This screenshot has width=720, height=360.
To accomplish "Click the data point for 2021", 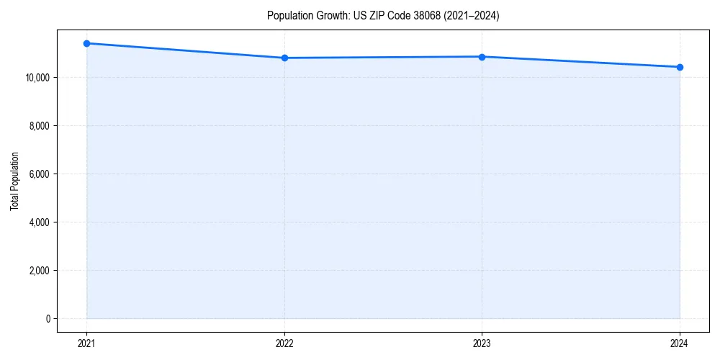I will [86, 43].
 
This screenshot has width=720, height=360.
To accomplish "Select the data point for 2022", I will [284, 58].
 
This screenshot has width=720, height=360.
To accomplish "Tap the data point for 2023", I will [482, 57].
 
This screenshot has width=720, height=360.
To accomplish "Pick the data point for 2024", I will [680, 67].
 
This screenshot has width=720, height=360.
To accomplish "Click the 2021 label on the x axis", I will [86, 343].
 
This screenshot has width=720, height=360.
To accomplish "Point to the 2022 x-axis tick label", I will [284, 343].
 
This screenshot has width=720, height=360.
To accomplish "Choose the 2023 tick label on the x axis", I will [482, 343].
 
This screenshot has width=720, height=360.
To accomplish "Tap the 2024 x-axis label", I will [680, 343].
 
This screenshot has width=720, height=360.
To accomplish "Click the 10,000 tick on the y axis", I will [37, 78].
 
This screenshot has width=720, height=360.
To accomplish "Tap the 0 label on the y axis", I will [48, 319].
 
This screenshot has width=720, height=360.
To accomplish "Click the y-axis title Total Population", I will [14, 181].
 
